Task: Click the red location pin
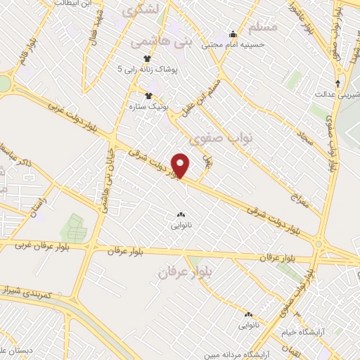tap(181, 165)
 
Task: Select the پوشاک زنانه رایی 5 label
tap(148, 70)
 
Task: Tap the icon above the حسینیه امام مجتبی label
tap(233, 34)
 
